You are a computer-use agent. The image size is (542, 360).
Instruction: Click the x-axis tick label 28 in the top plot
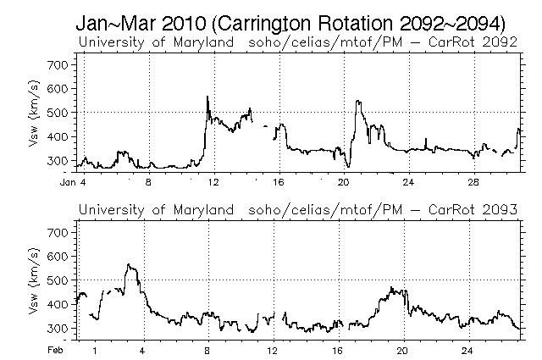(473, 181)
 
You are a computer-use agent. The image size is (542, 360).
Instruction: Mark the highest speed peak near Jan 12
(207, 97)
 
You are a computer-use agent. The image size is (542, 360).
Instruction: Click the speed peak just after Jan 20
(357, 101)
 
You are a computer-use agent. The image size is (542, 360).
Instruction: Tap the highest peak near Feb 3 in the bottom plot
(129, 264)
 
